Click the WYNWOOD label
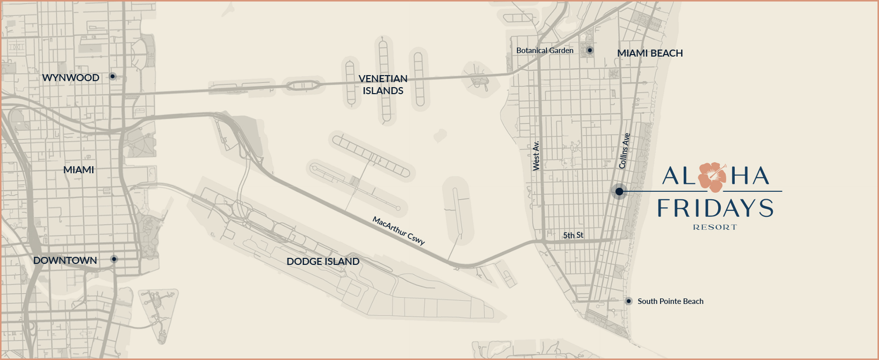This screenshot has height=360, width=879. point(71,78)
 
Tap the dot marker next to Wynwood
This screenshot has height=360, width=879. point(113,77)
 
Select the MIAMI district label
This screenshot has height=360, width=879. point(79,170)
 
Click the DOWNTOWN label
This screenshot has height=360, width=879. point(65,260)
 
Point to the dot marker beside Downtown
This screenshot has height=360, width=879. point(114,259)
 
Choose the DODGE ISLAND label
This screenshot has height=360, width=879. point(323,261)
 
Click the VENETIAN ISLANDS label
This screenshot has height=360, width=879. point(383,85)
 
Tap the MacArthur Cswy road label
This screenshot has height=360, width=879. point(399,231)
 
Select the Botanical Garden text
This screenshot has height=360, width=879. point(545,51)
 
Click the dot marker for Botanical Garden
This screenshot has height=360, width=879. point(590,50)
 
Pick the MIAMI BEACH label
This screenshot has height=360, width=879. point(650,53)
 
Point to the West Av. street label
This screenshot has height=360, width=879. point(536,156)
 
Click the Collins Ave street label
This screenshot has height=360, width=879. point(624,151)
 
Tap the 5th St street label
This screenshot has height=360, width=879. point(573,235)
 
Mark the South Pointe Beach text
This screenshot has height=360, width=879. point(671,301)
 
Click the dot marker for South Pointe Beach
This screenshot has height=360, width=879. point(629,301)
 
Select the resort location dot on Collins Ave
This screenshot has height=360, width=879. point(620,191)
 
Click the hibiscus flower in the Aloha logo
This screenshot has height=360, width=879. point(712,177)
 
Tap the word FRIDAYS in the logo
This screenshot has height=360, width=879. point(715,208)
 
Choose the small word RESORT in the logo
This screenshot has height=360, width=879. point(715,227)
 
